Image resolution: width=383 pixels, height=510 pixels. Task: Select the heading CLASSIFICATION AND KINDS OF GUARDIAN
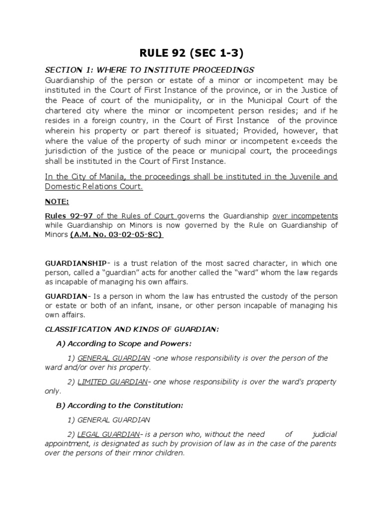coord(132,329)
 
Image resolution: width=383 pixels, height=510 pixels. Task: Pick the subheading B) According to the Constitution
coord(119,405)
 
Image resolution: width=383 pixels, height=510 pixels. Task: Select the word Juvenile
coord(299,176)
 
